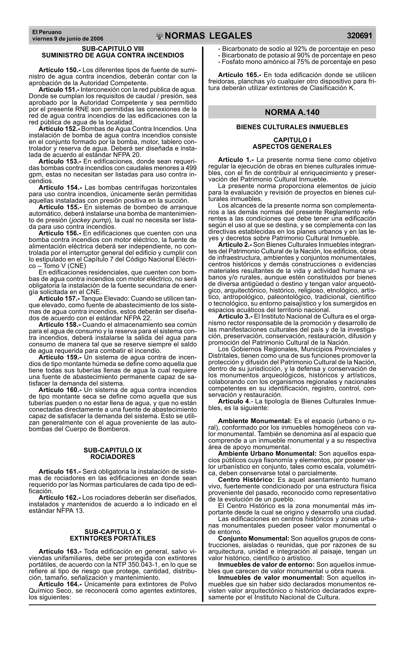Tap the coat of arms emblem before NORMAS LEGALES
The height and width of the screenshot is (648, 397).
tap(160, 36)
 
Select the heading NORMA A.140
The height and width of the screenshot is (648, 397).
tap(292, 112)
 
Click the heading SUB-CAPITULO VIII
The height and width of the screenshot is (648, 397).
tap(113, 49)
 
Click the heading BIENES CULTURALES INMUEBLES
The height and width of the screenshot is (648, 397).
tap(292, 127)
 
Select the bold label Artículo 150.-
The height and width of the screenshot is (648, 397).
tap(60, 70)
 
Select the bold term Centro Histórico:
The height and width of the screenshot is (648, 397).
tap(246, 480)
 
